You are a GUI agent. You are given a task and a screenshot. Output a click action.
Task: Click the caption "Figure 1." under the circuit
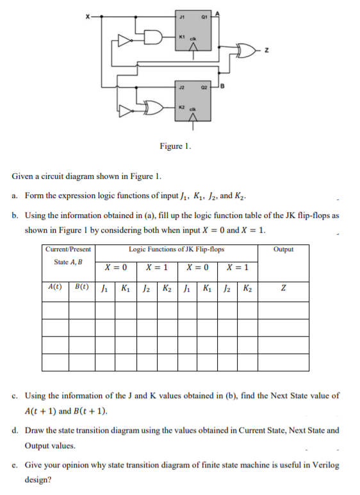(x=174, y=147)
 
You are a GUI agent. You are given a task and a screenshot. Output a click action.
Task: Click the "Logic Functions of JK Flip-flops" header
(x=176, y=249)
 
